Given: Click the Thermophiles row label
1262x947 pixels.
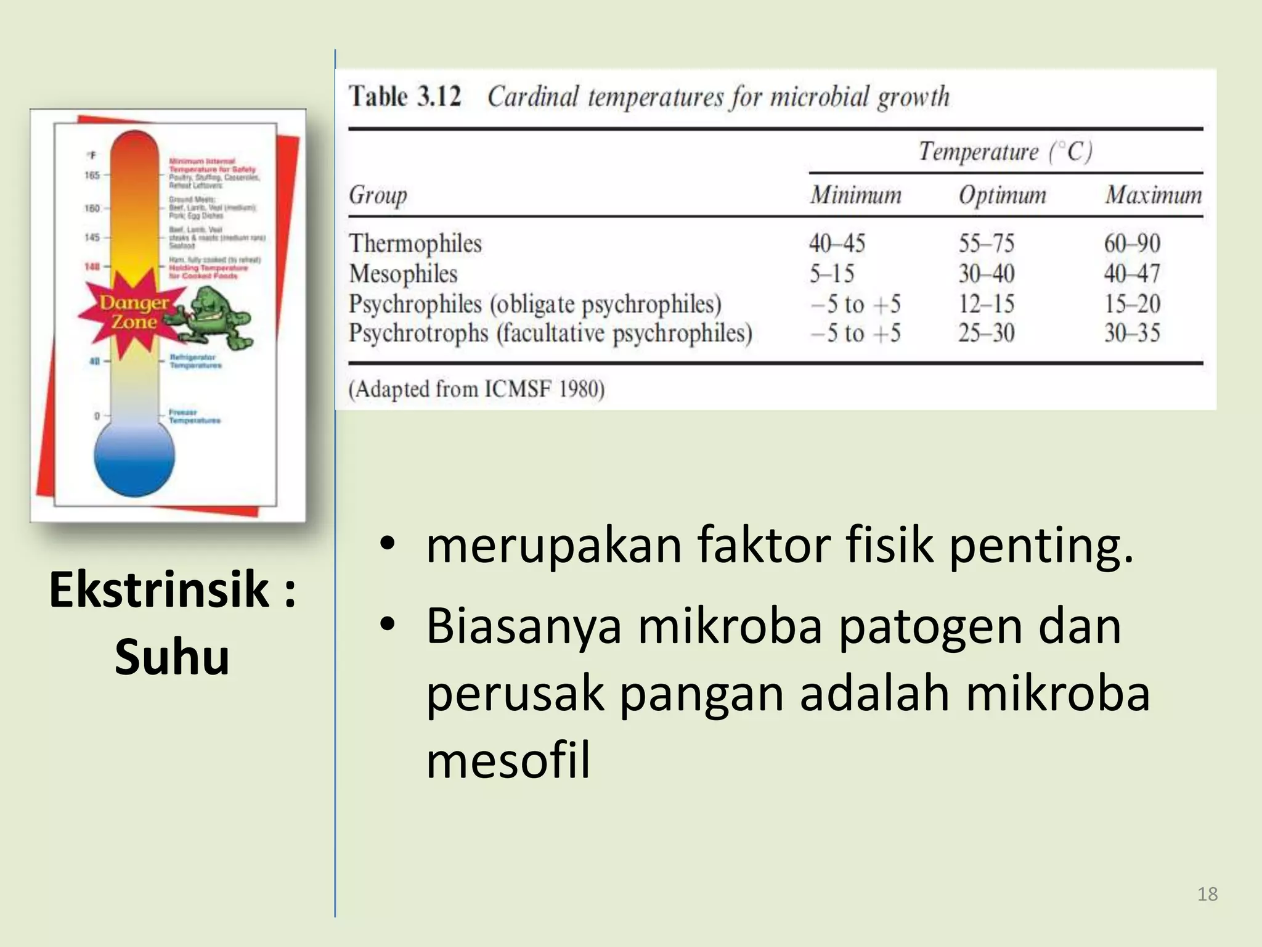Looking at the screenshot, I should click(415, 244).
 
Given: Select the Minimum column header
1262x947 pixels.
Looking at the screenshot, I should click(855, 195).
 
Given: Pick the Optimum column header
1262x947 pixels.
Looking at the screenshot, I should click(1002, 195).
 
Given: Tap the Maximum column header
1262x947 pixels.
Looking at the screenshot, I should click(1153, 195).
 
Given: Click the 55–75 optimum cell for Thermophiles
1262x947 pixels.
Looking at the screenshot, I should click(986, 244).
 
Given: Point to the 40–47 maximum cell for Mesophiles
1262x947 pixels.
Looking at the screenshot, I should click(1132, 273).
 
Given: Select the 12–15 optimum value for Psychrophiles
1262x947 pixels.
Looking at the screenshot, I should click(986, 303).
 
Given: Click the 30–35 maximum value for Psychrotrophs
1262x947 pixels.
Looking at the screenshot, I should click(1132, 333).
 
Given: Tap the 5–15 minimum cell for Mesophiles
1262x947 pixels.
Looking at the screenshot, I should click(832, 273).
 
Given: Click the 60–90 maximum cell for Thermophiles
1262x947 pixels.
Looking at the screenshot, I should click(1132, 244).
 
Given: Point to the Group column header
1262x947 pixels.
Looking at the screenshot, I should click(378, 195).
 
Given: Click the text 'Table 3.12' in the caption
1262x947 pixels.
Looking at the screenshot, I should click(405, 97).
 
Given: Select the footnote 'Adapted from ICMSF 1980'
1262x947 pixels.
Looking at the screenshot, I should click(476, 389).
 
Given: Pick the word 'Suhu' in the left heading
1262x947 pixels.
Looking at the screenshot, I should click(172, 657).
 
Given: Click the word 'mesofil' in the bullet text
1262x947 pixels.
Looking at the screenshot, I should click(508, 760).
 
